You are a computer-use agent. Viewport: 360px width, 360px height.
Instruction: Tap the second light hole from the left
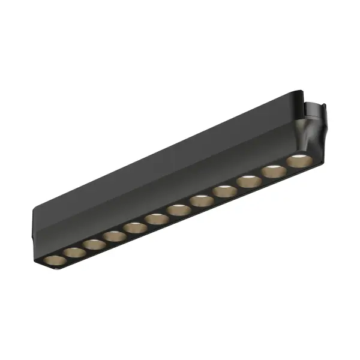pyautogui.click(x=74, y=252)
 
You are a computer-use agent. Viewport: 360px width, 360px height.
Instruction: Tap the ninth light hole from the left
pyautogui.click(x=224, y=191)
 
